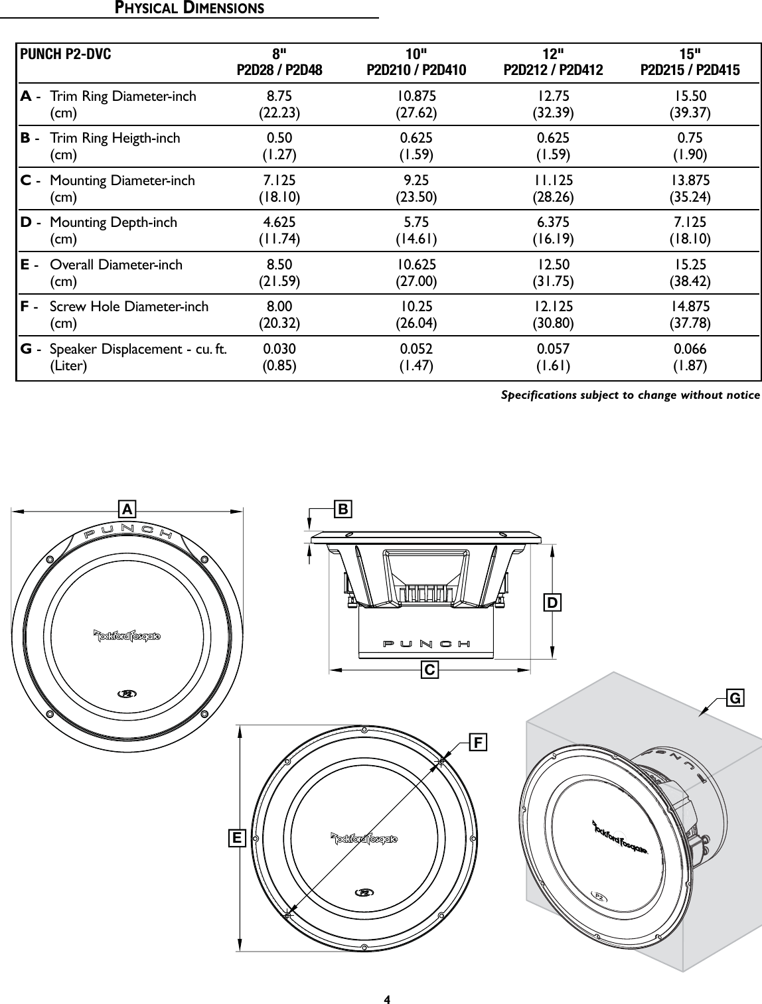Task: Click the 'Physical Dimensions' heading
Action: pos(189,9)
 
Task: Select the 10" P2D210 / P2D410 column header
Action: pos(416,62)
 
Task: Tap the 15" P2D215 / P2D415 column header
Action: pos(690,62)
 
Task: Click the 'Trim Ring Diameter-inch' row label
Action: pos(123,96)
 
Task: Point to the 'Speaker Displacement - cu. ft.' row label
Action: pos(138,349)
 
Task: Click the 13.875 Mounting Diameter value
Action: pos(690,180)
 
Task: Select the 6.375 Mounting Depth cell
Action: pos(554,222)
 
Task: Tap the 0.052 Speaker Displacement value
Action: pos(416,349)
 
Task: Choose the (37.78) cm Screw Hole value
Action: pos(690,324)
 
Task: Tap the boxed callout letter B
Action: pos(343,509)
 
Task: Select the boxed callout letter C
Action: pos(430,671)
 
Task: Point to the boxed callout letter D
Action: pos(552,603)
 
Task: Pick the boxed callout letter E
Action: pos(236,839)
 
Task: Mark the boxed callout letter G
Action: pos(735,699)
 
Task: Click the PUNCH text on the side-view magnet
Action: pos(427,644)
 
